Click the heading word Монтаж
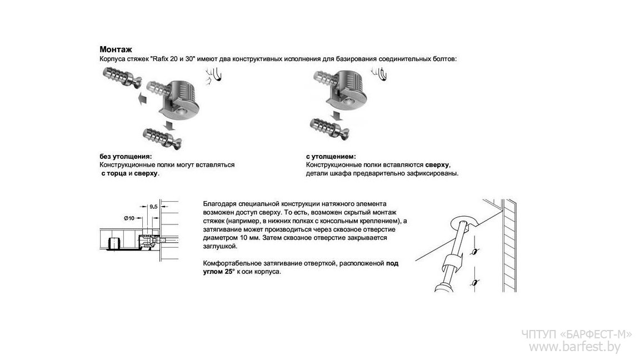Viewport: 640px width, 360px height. click(x=116, y=49)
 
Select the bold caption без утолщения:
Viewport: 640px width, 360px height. click(x=125, y=157)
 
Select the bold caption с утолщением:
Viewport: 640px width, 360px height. click(x=331, y=157)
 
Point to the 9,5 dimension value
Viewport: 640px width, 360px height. click(x=153, y=206)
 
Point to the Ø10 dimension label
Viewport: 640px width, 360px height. click(x=129, y=218)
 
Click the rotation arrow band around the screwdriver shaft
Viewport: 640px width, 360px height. click(x=451, y=261)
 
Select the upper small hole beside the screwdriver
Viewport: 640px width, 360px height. click(x=473, y=252)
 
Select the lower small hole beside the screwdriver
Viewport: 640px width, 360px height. click(x=474, y=283)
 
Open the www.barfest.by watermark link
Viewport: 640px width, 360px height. click(x=574, y=347)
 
